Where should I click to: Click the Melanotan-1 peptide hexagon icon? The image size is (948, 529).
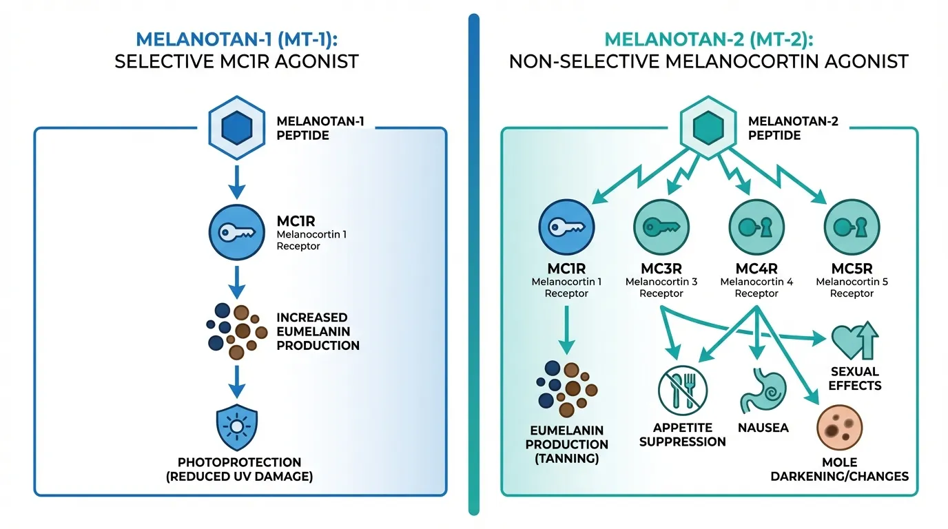tap(237, 127)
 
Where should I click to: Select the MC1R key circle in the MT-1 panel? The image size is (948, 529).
tap(237, 232)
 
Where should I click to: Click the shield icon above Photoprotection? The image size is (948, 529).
tap(237, 428)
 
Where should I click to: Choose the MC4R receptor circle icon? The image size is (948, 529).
tap(756, 229)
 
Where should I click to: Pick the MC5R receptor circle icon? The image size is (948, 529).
tap(852, 229)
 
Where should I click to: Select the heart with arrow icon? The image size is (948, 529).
tap(855, 339)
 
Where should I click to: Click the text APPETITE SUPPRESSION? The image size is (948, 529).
tap(682, 435)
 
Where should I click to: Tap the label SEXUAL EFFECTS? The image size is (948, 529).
tap(855, 379)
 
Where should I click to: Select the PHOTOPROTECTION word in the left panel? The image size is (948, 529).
tap(239, 461)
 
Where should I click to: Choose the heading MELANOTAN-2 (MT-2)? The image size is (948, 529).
tap(708, 39)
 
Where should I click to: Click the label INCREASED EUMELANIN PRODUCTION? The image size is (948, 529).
tap(318, 331)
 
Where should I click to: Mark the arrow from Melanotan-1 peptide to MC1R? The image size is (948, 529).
tap(237, 181)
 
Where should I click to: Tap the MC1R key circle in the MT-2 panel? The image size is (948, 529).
tap(567, 229)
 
